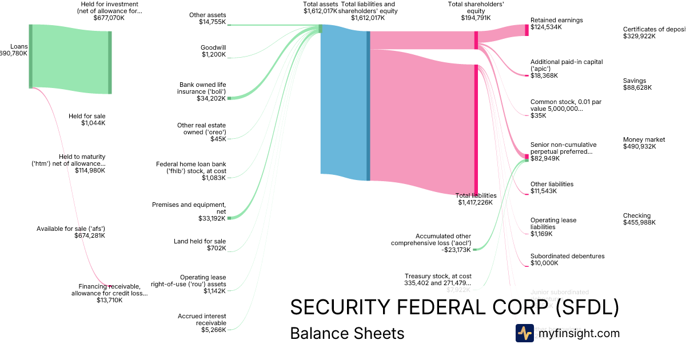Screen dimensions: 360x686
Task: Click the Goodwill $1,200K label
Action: coord(213,51)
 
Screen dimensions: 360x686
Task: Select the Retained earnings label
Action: coord(556,23)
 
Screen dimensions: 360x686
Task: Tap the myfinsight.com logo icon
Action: coord(524,333)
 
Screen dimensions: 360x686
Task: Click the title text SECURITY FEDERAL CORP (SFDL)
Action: coord(454,307)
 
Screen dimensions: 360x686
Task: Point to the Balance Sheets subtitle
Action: coord(347,333)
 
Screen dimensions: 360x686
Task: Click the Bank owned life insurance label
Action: coord(202,91)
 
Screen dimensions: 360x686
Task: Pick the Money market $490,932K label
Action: coord(644,143)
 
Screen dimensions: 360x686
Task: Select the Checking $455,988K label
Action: coord(639,219)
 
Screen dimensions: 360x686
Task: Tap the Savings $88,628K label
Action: coord(637,84)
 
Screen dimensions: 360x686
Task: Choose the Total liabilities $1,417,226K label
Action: coord(476,198)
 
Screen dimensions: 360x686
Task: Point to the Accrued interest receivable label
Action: coord(203,322)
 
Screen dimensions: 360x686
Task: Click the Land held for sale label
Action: coord(200,245)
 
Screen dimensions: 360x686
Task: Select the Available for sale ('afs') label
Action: coord(71,231)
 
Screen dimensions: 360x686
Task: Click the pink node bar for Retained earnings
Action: coord(527,30)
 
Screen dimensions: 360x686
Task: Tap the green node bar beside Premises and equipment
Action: coord(229,218)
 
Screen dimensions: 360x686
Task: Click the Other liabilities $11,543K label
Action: coord(552,187)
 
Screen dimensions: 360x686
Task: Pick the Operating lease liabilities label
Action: coord(553,227)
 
